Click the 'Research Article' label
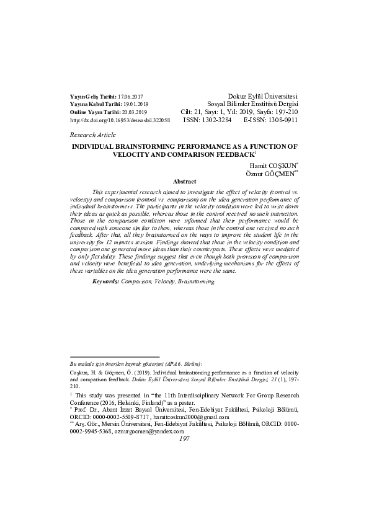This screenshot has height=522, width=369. click(93, 135)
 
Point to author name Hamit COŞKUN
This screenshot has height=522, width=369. click(274, 166)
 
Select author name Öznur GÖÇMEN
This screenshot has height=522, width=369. click(269, 174)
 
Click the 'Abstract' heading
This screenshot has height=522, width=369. click(184, 182)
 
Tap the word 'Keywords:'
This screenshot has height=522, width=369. click(105, 281)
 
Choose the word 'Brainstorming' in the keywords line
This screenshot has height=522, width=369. click(197, 281)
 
